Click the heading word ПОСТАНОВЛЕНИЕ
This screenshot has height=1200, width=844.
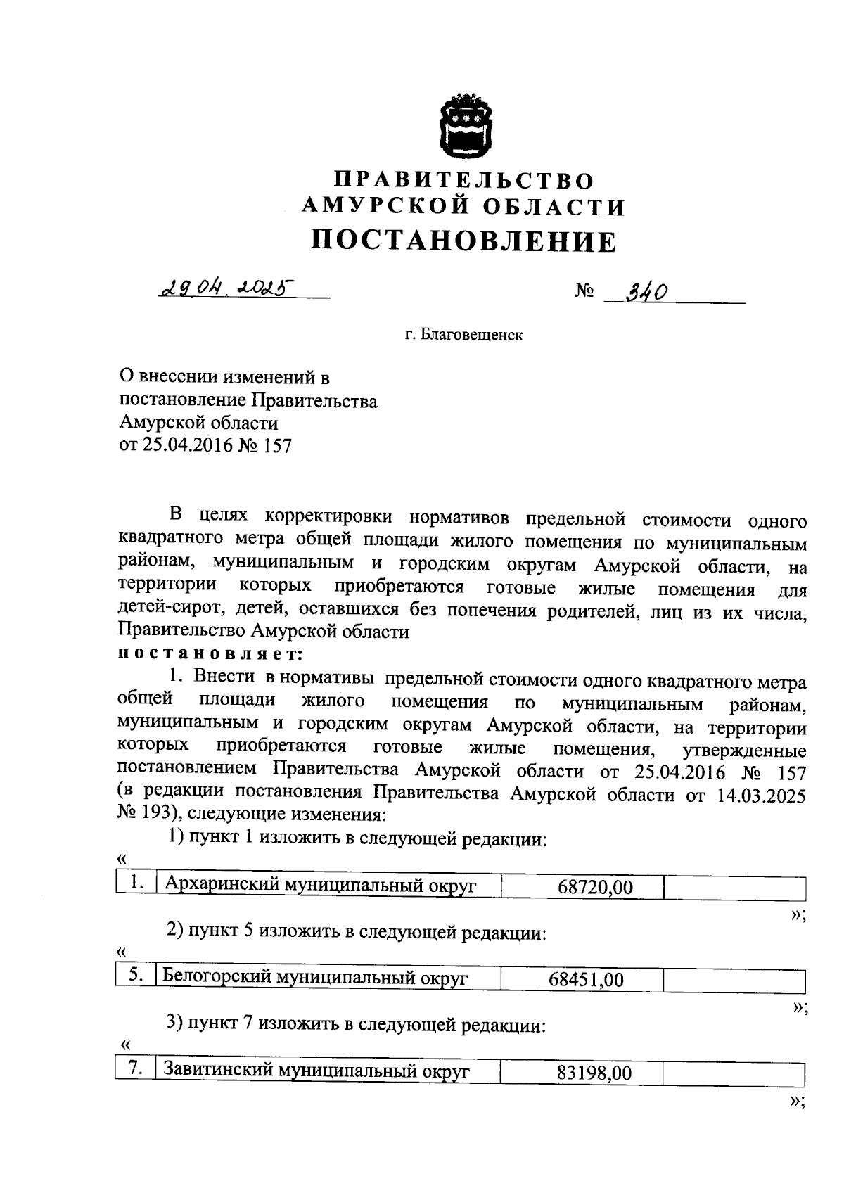[463, 241]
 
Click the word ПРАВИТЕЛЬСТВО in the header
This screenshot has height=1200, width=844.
[463, 180]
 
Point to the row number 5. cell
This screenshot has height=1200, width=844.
[136, 976]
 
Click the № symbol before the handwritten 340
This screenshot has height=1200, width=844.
[585, 291]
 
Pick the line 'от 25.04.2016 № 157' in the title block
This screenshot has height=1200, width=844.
[205, 446]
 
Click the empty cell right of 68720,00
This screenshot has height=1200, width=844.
[734, 888]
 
